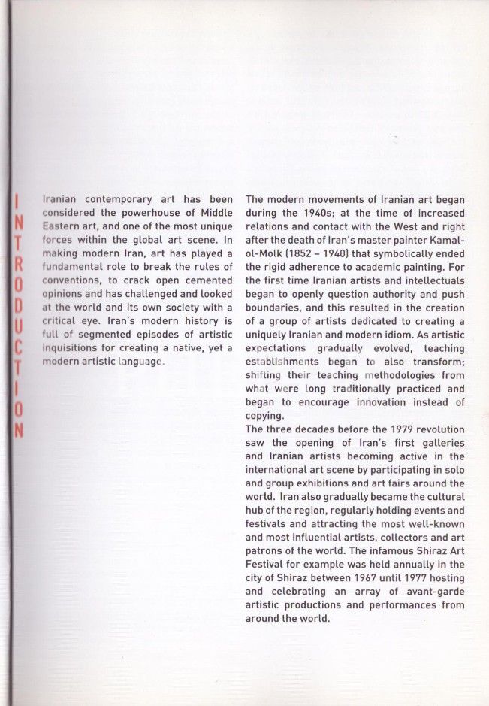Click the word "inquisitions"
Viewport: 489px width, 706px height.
click(x=71, y=348)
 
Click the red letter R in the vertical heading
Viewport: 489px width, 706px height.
click(x=20, y=267)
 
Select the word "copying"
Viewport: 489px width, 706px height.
click(x=265, y=416)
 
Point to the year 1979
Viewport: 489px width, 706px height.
click(x=397, y=429)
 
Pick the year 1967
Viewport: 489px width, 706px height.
click(x=373, y=578)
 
